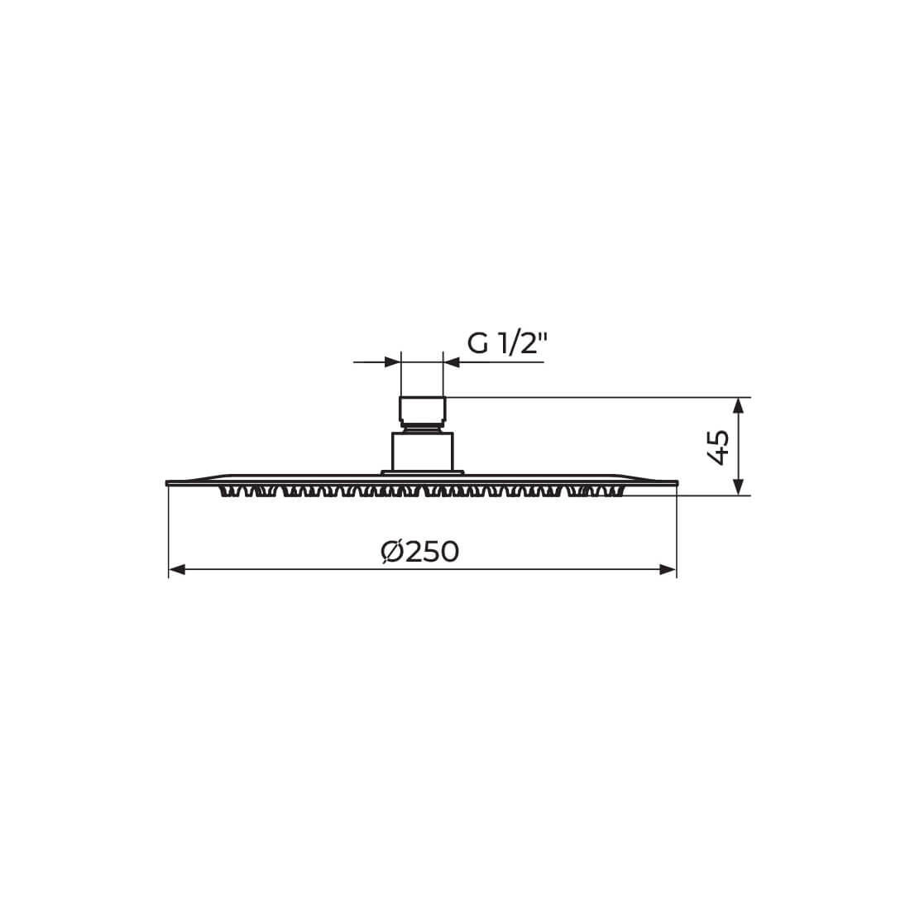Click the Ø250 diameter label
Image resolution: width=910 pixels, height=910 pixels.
coord(419,551)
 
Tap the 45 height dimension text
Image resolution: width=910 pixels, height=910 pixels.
coord(718,448)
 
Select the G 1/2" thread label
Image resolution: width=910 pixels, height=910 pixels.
coord(507,343)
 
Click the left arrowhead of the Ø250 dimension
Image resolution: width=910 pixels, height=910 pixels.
coord(176,570)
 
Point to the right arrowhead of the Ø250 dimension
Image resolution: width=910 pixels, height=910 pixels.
coord(668,570)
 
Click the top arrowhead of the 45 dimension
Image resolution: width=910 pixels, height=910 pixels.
coord(738,405)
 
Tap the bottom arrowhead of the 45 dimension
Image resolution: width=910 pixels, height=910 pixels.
coord(738,487)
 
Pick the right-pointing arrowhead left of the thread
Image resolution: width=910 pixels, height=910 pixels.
coord(392,362)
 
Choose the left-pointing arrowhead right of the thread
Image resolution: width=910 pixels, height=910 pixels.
coord(452,362)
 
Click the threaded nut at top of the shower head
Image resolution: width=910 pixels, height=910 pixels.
coord(423,409)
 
